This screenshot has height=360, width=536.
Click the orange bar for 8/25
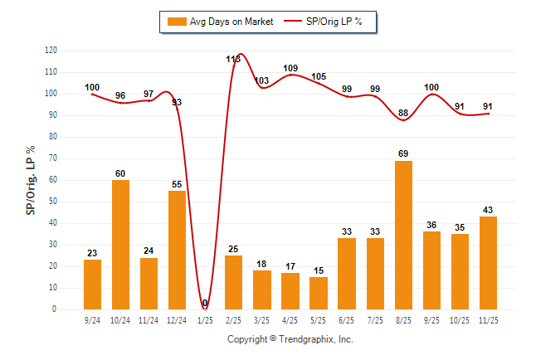403,235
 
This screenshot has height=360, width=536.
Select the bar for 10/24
120,244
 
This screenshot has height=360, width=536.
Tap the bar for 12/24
177,250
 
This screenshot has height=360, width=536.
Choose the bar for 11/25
488,263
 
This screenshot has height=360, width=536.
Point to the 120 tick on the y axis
51,51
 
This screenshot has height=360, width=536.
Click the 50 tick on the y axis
53,202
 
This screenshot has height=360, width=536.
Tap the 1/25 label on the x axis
205,319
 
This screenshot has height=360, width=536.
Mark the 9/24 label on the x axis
92,319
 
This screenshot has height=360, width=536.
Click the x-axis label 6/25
347,319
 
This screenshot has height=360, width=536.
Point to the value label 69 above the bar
403,154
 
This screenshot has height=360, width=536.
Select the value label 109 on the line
290,68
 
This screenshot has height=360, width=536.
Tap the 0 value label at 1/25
205,304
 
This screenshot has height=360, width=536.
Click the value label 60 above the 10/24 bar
120,173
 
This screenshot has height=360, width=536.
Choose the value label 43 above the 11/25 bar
488,210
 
